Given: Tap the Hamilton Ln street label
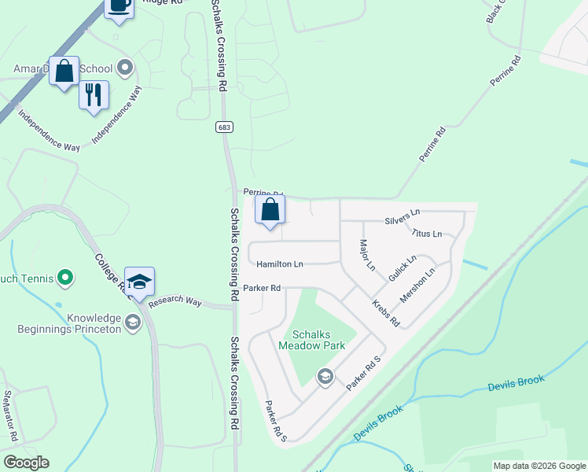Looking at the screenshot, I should click(x=280, y=265).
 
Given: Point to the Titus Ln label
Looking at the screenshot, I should click(x=426, y=234).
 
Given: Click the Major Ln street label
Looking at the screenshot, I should click(x=367, y=256).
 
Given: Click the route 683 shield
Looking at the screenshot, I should click(x=225, y=127).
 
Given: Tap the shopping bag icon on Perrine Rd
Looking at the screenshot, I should click(x=270, y=210).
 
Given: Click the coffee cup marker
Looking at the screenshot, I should click(x=119, y=6).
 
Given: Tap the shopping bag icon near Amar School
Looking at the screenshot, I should click(x=64, y=71).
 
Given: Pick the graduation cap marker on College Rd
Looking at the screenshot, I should click(x=139, y=282).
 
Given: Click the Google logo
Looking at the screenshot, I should click(x=26, y=463).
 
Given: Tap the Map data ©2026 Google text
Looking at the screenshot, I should click(x=539, y=466).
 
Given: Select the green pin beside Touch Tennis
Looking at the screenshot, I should click(x=66, y=277).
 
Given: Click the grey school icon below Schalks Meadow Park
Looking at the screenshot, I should click(x=325, y=377).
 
